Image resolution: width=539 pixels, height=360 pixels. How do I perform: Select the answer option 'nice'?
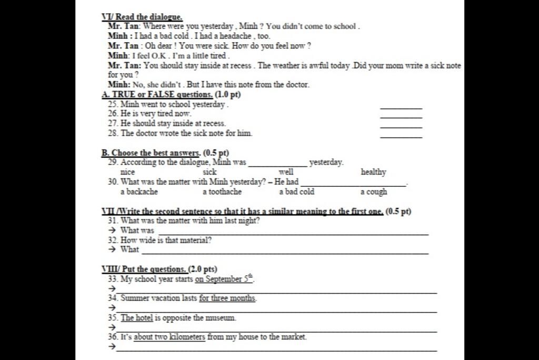pos(128,172)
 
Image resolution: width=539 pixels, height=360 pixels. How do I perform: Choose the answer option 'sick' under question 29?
pos(209,172)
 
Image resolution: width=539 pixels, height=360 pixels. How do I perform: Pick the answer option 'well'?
pos(286,172)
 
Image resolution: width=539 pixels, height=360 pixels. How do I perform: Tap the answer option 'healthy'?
pos(373,172)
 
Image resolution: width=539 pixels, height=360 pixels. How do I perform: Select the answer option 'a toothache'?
pos(222,192)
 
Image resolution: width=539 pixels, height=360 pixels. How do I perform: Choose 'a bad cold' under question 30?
pos(296,192)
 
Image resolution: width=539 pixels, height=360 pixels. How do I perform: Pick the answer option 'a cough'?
pos(374,192)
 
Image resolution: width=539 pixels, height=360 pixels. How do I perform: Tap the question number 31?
pos(113,221)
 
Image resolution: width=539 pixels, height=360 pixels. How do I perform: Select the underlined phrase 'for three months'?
pos(227,298)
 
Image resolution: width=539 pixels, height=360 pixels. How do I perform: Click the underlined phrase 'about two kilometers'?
pos(169,337)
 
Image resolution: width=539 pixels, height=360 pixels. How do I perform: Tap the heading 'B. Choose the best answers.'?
pos(151,153)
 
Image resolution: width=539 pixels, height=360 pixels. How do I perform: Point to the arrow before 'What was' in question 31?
pos(112,231)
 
